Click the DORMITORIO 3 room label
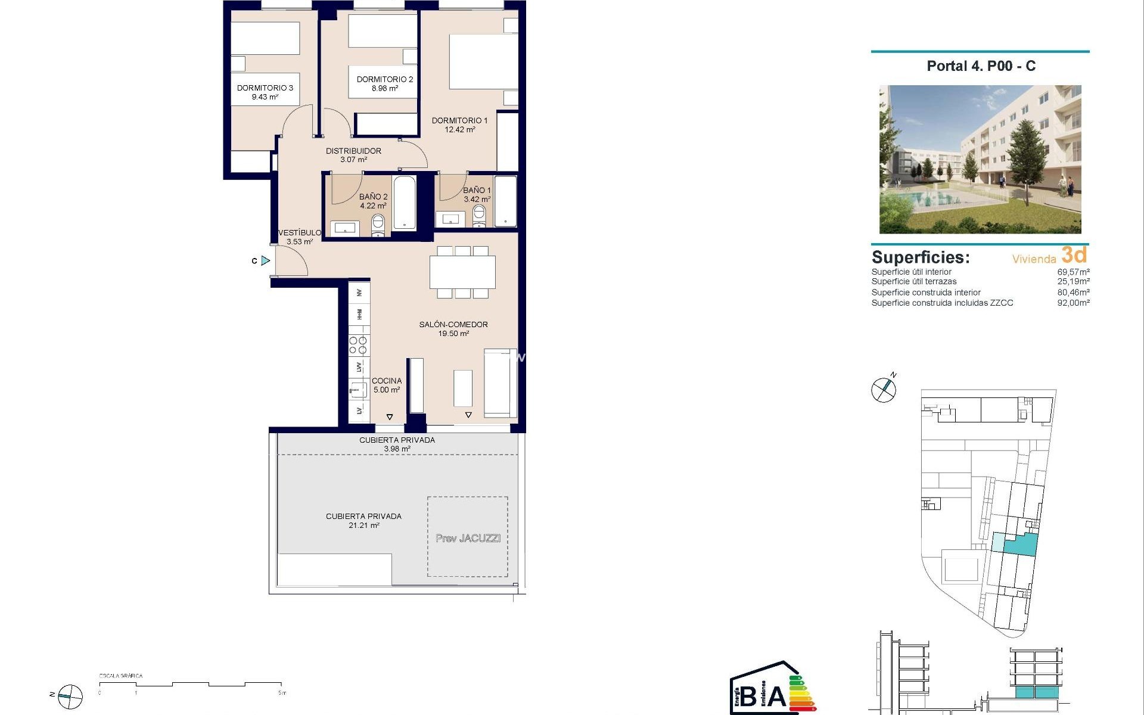[x=265, y=88]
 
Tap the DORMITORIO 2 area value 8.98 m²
[x=385, y=89]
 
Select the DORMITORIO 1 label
[x=459, y=120]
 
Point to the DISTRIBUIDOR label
[x=353, y=151]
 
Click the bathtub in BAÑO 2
[x=405, y=203]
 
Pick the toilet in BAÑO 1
[x=480, y=217]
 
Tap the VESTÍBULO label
[x=300, y=233]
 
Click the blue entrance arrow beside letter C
[x=266, y=260]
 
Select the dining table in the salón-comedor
[x=462, y=272]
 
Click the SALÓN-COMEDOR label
[x=453, y=325]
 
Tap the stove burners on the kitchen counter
[x=358, y=345]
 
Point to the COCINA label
[x=387, y=381]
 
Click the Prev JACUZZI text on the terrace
[x=468, y=538]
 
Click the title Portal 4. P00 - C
[x=981, y=66]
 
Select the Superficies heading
[x=921, y=257]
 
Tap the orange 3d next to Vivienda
[x=1074, y=255]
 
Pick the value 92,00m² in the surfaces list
[x=1073, y=303]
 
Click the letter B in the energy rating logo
[x=749, y=696]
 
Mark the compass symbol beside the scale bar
[x=70, y=697]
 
